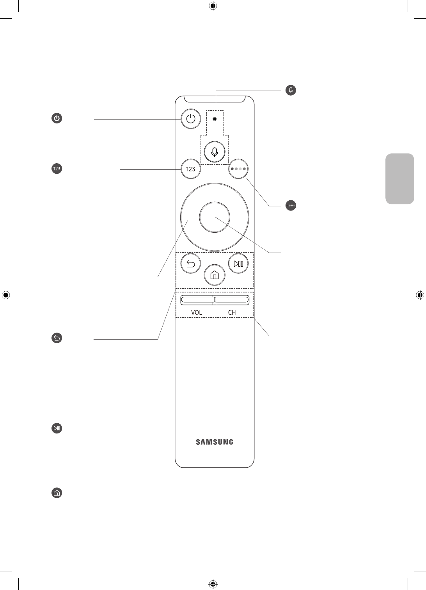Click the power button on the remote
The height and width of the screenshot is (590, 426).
[191, 119]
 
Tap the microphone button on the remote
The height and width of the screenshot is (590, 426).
[215, 152]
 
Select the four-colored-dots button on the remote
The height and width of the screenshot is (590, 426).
[238, 169]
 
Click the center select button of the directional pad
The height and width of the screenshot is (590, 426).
[214, 217]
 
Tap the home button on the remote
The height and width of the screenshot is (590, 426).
[215, 275]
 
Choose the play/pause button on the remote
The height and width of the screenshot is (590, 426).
[238, 264]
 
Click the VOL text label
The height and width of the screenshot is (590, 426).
[196, 312]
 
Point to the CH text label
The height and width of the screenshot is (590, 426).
[232, 312]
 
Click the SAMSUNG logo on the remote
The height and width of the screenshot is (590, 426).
[215, 442]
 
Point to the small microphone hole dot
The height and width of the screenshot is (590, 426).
[215, 118]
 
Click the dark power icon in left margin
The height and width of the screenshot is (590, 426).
[57, 118]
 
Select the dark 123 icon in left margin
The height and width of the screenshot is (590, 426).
[57, 169]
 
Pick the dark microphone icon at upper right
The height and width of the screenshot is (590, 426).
[291, 90]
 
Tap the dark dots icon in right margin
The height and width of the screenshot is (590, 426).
[291, 205]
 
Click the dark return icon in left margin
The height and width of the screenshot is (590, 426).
[57, 338]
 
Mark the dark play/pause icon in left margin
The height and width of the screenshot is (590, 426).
[57, 428]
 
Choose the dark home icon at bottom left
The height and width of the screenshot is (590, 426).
[57, 493]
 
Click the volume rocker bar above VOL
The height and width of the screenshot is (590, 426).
[197, 300]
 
